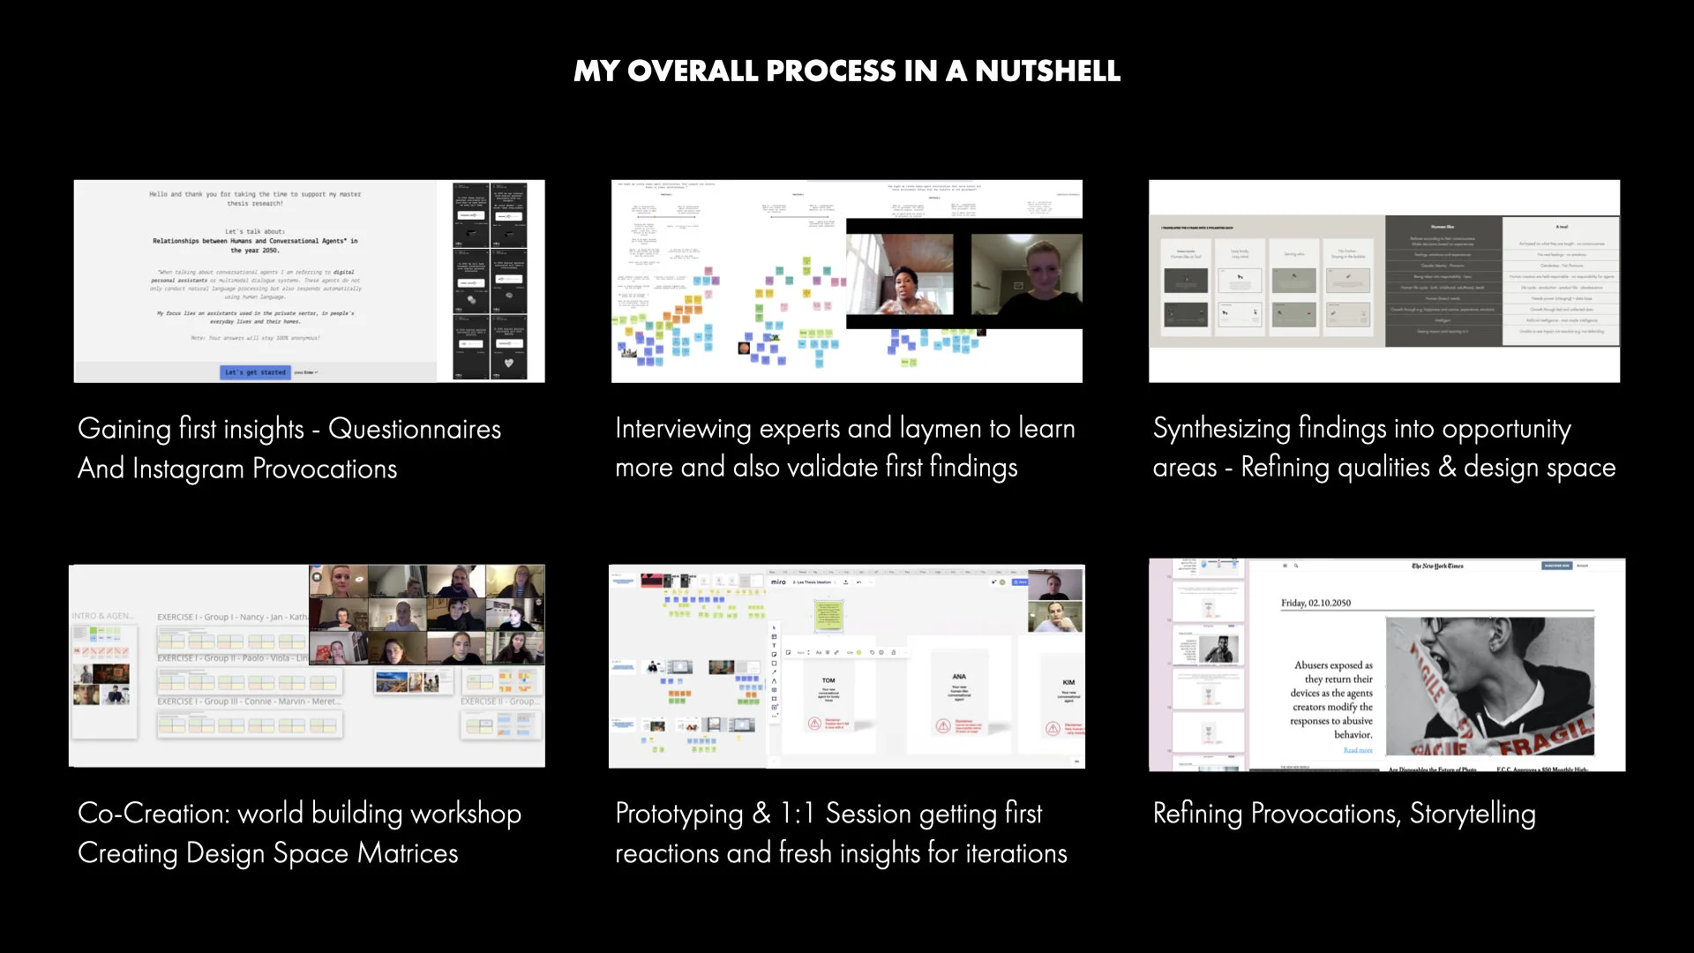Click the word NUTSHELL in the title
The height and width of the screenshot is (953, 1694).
[x=1047, y=71]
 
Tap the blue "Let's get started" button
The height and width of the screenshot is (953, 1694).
[x=255, y=372]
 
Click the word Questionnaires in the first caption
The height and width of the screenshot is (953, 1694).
[x=414, y=429]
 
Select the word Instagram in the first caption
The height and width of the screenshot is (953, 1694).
[x=187, y=469]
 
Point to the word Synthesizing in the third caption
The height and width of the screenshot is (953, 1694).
[x=1221, y=429]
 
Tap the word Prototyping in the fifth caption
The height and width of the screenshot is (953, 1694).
[x=678, y=814]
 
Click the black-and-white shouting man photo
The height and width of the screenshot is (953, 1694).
[x=1489, y=686]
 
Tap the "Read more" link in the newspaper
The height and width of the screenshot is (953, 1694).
[x=1357, y=750]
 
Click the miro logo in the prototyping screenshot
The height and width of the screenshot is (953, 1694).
[x=778, y=582]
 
